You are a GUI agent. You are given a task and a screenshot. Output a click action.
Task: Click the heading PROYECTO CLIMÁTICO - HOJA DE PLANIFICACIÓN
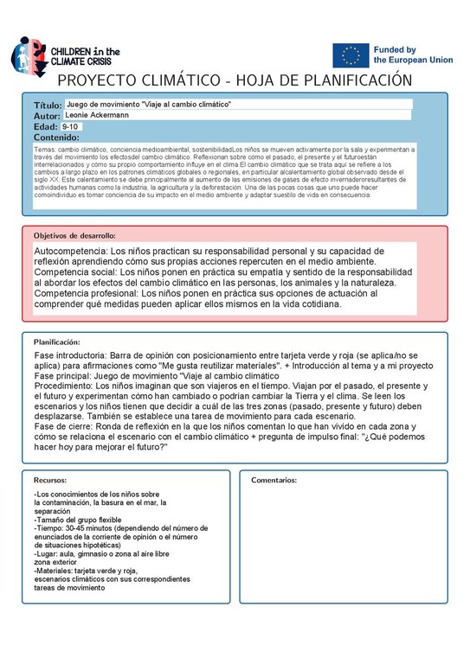pyautogui.click(x=234, y=80)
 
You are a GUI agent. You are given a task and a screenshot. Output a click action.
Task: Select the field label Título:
pyautogui.click(x=48, y=105)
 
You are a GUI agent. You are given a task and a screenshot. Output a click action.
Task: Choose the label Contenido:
pyautogui.click(x=56, y=137)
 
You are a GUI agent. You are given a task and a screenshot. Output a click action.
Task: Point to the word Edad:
pyautogui.click(x=46, y=126)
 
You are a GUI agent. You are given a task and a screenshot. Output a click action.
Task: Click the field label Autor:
pyautogui.click(x=48, y=116)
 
